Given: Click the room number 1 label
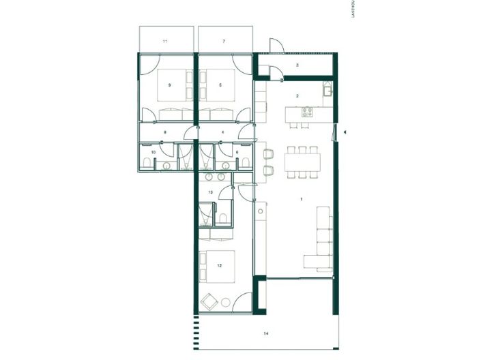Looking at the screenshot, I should coord(300,199).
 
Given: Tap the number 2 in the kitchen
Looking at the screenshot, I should coord(297,96).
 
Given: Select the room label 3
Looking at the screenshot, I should coord(297,65).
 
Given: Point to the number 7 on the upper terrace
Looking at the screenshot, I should coord(223,42).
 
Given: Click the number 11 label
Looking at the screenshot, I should coord(164,42).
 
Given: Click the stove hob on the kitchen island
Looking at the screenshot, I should coord(306,111).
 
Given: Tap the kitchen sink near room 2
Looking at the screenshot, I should coord(327,91).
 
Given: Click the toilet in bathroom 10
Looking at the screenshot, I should coord(147,161).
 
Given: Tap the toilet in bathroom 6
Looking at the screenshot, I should coord(243,161).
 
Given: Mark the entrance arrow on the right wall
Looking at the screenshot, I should coord(346,131).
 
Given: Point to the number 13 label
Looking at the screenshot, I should coord(211,193).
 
